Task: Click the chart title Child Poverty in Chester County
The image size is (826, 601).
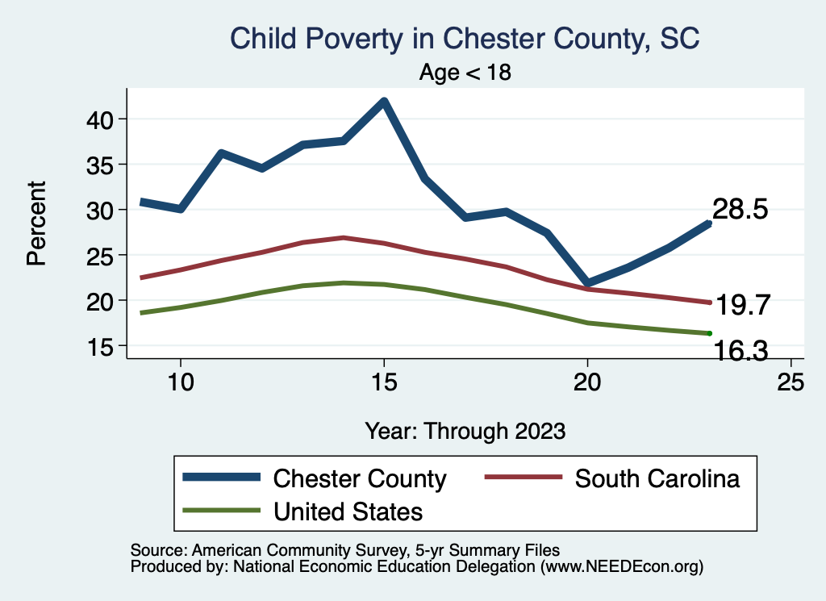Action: [465, 39]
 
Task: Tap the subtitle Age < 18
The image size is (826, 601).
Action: [465, 73]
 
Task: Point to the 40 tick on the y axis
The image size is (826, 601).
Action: [104, 119]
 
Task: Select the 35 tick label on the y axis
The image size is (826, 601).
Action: [104, 165]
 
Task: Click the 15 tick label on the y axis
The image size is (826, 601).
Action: [104, 346]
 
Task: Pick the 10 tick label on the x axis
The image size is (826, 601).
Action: [180, 382]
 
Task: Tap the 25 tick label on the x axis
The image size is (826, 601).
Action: [791, 382]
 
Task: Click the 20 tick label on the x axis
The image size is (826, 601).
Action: [587, 382]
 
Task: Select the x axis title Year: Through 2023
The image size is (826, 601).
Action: [465, 430]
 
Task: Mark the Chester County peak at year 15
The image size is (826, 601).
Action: [384, 102]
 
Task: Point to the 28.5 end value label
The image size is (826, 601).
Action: [739, 210]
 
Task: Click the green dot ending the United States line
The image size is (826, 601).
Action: [709, 333]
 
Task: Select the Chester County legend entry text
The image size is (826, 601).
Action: [360, 478]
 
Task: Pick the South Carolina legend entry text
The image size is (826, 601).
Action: [657, 478]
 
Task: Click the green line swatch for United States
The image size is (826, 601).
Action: [222, 511]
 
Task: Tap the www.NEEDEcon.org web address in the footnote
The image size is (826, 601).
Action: [621, 567]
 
